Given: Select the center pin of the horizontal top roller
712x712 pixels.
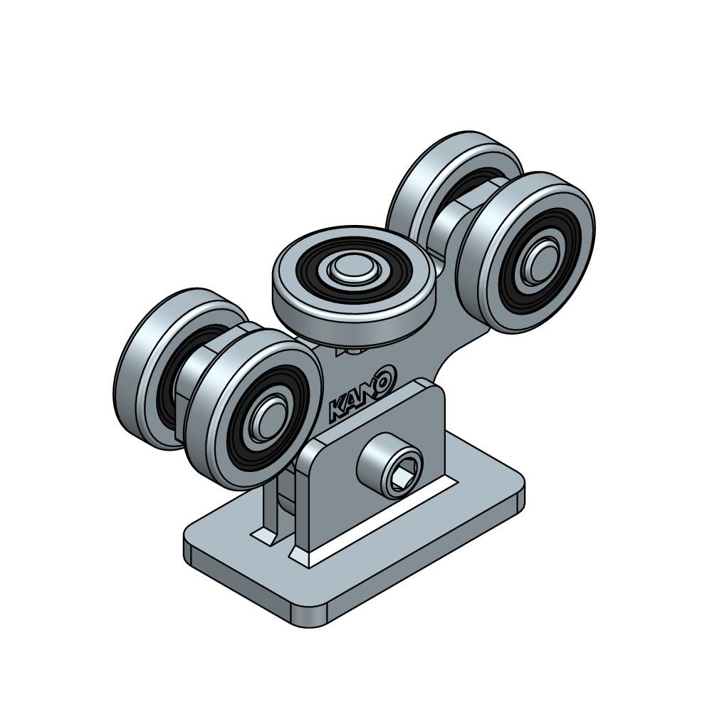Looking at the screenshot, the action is [x=350, y=269].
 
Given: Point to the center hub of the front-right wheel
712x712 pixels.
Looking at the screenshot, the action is [x=539, y=261].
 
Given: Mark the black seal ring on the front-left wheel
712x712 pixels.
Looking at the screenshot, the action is [x=268, y=417].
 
